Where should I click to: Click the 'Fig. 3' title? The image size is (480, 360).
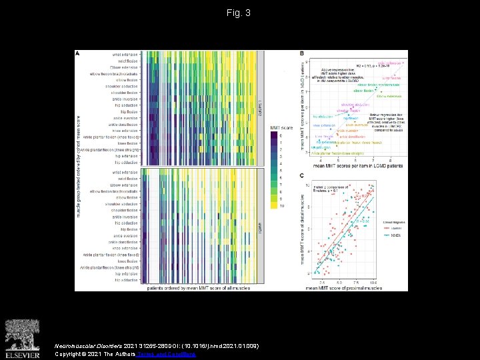[x=239, y=13]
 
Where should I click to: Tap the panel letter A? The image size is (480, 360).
[x=77, y=53]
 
